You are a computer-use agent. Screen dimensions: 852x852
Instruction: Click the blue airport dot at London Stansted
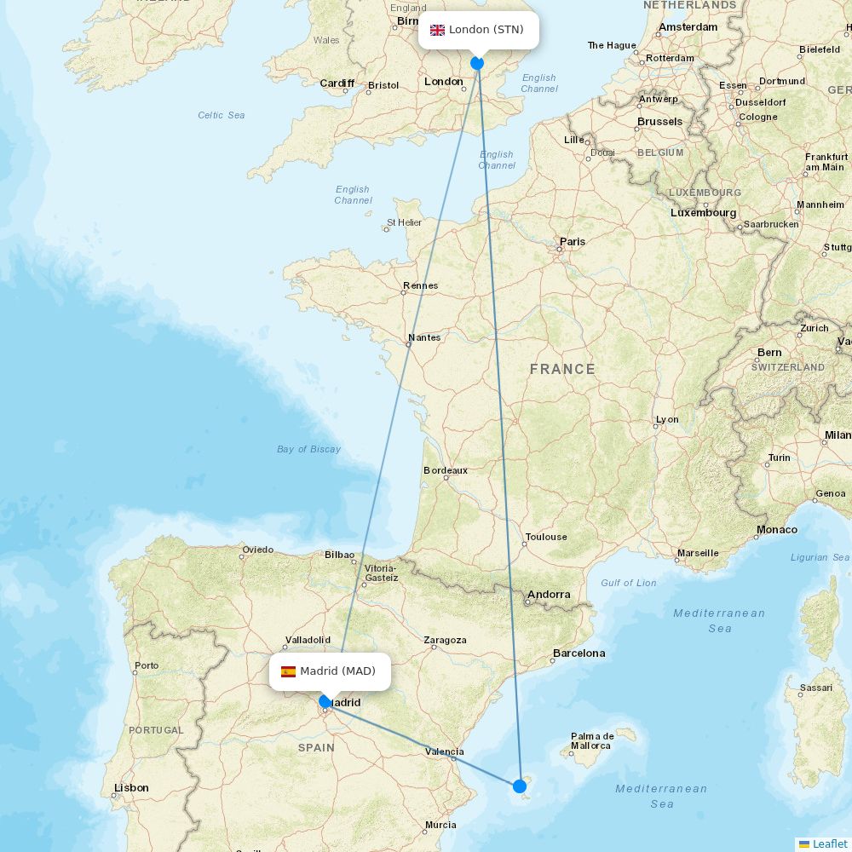coord(477,63)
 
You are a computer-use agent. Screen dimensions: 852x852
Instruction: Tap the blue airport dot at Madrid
coord(325,701)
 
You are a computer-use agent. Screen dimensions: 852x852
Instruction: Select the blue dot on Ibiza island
coord(520,786)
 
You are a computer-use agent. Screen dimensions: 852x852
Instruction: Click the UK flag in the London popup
coord(437,30)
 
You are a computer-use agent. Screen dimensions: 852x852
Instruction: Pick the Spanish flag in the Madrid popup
coord(288,671)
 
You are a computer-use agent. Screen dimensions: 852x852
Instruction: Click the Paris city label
coord(573,241)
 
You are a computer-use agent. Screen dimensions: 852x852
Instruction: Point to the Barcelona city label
coord(579,653)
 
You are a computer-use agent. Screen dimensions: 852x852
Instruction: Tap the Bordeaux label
coord(446,470)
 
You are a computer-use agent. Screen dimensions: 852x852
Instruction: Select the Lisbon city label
coord(131,788)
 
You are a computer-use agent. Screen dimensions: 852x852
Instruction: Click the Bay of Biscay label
coord(308,449)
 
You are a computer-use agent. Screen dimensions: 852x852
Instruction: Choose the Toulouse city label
coord(546,537)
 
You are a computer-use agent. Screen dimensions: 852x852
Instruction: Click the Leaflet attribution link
coord(829,843)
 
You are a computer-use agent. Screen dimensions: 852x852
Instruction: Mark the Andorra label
coord(549,595)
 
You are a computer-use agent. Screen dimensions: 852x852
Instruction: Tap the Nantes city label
coord(424,337)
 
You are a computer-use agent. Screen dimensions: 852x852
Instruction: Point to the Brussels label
coord(659,122)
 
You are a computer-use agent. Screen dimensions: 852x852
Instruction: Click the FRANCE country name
coord(562,369)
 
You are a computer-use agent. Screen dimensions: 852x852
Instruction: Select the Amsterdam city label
coord(688,27)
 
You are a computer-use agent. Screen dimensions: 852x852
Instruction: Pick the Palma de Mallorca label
coord(592,741)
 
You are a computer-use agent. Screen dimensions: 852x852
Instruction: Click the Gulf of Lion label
coord(629,583)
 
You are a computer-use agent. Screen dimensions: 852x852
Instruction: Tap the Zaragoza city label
coord(445,640)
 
